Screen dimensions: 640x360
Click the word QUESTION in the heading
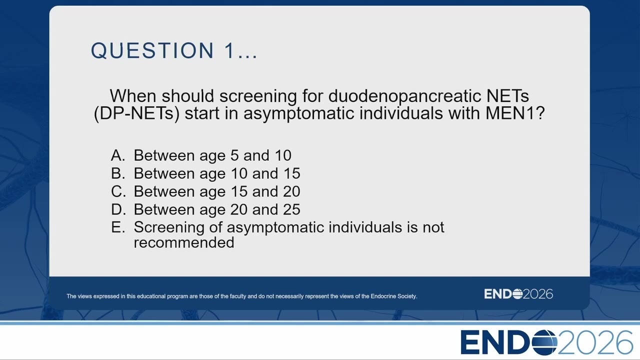tap(152, 50)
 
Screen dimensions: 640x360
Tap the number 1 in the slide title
tap(229, 50)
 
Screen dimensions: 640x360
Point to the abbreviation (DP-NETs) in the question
tap(136, 113)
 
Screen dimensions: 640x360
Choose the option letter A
tap(118, 155)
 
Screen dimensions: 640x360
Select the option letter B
tap(118, 173)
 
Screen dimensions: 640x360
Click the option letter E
tap(118, 227)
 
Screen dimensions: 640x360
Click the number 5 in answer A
tap(234, 155)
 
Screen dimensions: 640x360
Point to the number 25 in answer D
tap(291, 209)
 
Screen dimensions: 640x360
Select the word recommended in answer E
tap(184, 242)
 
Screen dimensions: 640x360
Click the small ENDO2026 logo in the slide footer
tap(518, 294)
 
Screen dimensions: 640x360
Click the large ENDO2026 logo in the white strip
tap(546, 342)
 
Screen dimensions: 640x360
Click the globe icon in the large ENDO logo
tap(544, 342)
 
